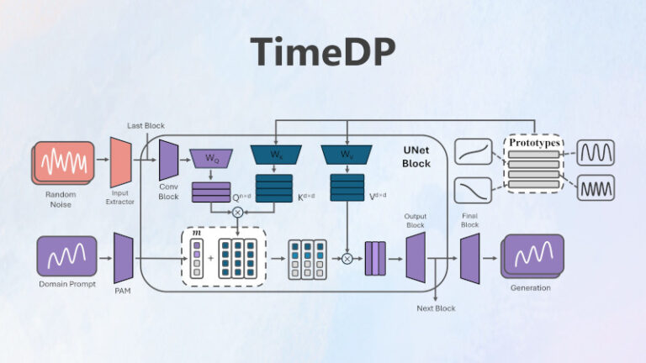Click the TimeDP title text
click(324, 52)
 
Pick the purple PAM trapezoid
click(124, 258)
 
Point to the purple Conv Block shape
click(168, 160)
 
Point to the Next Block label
click(436, 308)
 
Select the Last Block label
click(146, 125)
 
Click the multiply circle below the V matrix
click(347, 259)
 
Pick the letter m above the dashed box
click(196, 231)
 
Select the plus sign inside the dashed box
click(210, 260)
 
